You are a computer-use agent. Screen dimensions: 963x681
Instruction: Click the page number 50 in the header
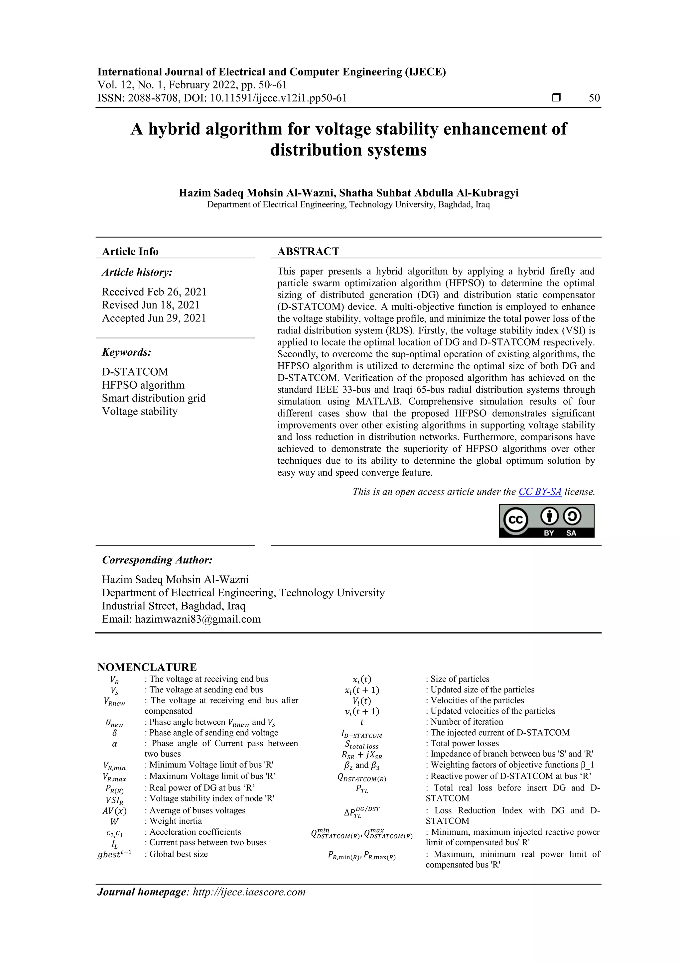[x=594, y=98]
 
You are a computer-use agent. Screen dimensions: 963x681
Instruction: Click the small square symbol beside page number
[x=556, y=98]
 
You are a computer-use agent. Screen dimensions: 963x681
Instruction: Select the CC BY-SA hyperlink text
[x=540, y=492]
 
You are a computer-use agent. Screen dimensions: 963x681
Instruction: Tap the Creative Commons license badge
[x=546, y=521]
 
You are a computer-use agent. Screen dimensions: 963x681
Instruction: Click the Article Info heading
[x=130, y=251]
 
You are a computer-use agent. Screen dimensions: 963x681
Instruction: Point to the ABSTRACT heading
[x=308, y=251]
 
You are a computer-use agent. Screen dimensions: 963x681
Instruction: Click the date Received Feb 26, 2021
[x=154, y=292]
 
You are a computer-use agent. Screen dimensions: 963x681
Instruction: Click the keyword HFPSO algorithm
[x=143, y=385]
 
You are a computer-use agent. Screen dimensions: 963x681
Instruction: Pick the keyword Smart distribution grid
[x=154, y=398]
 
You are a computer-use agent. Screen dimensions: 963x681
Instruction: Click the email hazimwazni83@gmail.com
[x=198, y=619]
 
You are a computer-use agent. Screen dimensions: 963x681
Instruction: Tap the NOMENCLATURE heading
[x=147, y=667]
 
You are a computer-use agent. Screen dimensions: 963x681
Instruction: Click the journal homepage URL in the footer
[x=249, y=892]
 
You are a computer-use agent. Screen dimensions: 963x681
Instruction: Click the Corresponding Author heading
[x=157, y=560]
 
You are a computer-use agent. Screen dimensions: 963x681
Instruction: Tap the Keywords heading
[x=126, y=352]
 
